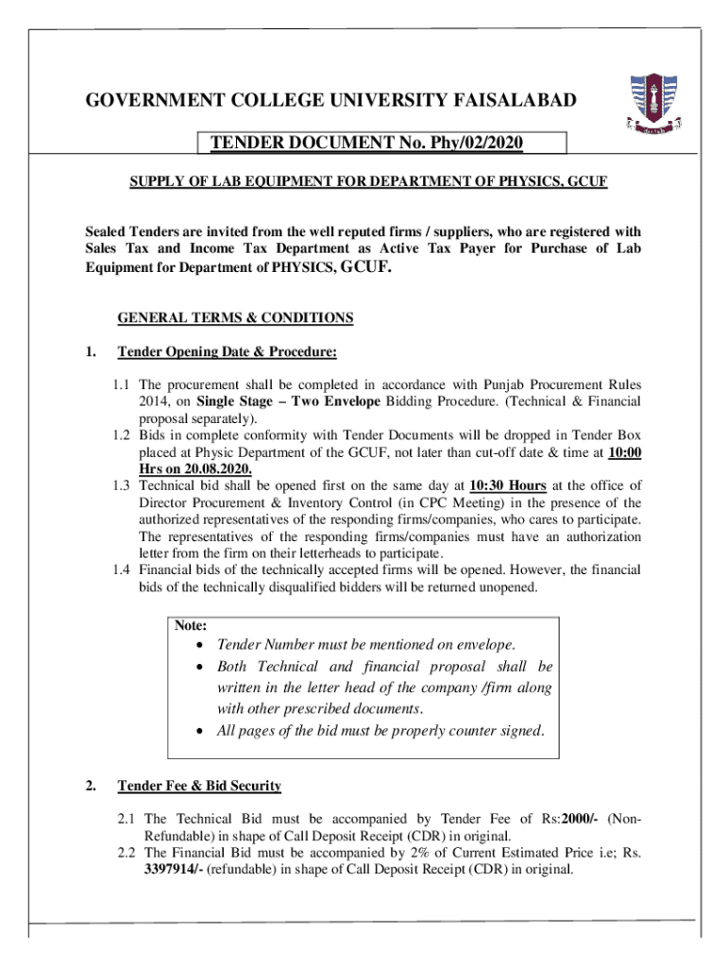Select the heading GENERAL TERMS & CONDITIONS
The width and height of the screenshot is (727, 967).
tap(235, 318)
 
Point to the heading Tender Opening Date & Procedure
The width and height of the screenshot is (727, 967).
tap(228, 353)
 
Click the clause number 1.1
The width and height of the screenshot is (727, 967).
tap(119, 385)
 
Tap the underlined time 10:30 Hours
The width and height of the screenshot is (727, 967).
tap(507, 485)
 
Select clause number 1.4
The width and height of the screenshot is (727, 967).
tap(119, 570)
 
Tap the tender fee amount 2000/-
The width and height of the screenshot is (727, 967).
tap(577, 819)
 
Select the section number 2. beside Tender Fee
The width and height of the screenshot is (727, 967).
tap(88, 786)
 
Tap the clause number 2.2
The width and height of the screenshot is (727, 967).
tap(119, 853)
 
